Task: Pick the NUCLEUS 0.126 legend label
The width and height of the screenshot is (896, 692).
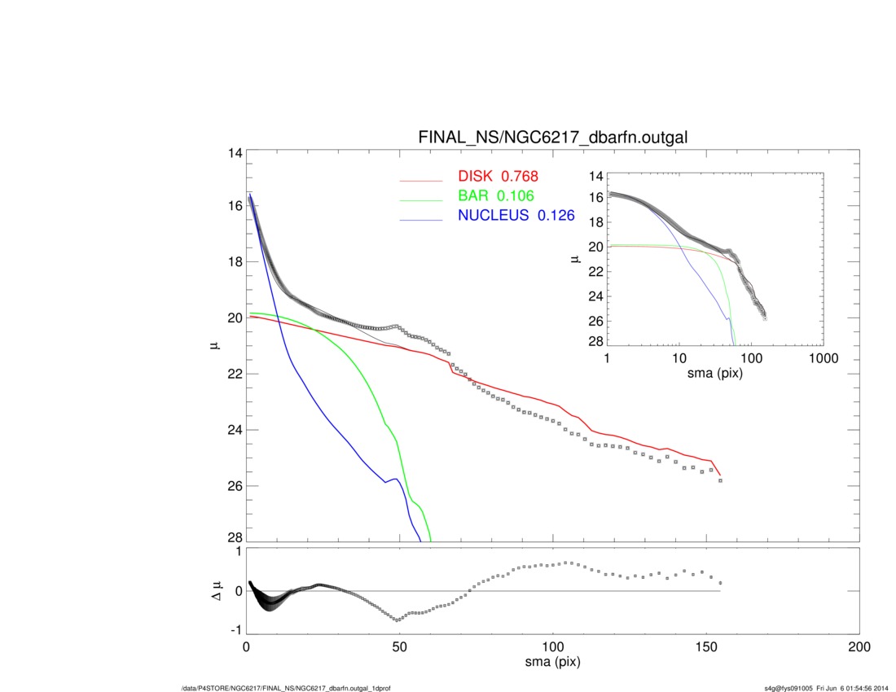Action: (515, 216)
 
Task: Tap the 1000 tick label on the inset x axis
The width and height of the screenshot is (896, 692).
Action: (823, 358)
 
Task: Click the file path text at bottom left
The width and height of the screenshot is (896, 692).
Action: (288, 688)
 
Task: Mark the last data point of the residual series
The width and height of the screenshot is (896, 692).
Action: (720, 583)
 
